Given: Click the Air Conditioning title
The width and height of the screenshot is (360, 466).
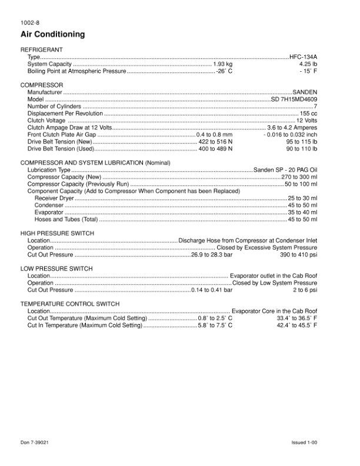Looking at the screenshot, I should [x=52, y=35].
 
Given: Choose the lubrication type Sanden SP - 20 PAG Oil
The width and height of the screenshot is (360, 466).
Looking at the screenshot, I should [x=285, y=170].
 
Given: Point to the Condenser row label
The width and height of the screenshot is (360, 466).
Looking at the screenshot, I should [x=49, y=205].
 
